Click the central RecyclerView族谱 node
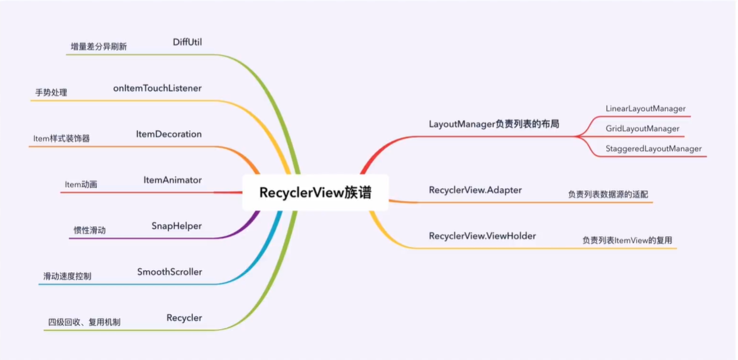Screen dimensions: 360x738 click(x=315, y=192)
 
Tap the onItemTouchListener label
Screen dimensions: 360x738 click(x=157, y=89)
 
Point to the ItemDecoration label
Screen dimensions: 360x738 click(x=168, y=134)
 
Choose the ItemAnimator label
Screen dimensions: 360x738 click(x=172, y=180)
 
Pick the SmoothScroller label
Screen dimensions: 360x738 click(x=169, y=272)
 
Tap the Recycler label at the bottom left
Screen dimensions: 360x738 click(x=184, y=318)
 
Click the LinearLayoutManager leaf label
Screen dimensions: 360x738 click(x=645, y=109)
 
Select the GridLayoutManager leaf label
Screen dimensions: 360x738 click(x=642, y=129)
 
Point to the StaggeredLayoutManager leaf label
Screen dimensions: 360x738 click(x=654, y=149)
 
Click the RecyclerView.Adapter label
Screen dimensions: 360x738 click(x=475, y=190)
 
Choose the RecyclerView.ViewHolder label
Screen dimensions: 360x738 click(x=482, y=236)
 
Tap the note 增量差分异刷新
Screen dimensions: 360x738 click(x=99, y=47)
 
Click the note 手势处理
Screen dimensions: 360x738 click(x=51, y=93)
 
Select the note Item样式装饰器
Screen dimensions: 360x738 click(x=61, y=139)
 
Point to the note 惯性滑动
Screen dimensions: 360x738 click(x=89, y=231)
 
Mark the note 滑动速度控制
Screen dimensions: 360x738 click(x=67, y=276)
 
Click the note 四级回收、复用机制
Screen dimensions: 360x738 click(x=84, y=322)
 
